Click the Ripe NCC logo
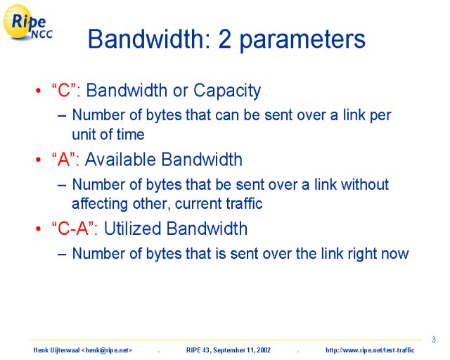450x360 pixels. [27, 22]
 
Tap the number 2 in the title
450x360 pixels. [224, 39]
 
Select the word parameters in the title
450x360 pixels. [302, 41]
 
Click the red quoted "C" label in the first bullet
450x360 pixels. [66, 90]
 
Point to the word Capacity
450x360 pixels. [227, 91]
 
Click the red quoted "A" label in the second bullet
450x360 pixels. [65, 160]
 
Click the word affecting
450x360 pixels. [100, 204]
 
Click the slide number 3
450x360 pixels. [434, 340]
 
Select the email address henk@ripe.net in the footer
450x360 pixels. [106, 350]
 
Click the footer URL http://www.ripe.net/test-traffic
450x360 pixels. [370, 350]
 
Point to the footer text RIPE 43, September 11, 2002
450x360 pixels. [229, 350]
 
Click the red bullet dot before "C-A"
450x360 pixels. [39, 229]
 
